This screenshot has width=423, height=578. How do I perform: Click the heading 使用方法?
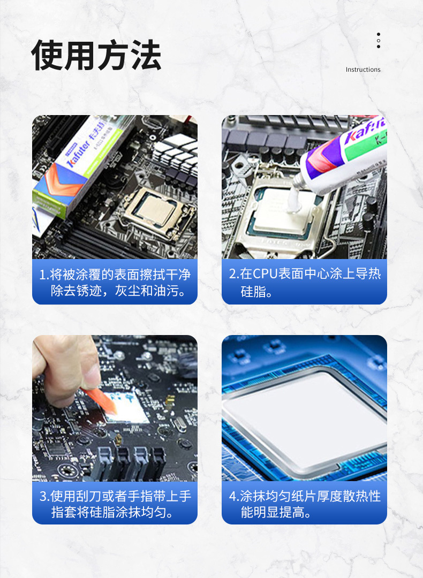96,55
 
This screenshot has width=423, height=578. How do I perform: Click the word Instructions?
363,69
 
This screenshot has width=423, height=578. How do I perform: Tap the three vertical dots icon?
379,40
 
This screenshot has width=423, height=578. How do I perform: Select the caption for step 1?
115,283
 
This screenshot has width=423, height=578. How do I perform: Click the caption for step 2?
305,283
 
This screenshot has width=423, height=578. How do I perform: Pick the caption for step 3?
115,504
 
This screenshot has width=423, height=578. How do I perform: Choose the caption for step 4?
305,504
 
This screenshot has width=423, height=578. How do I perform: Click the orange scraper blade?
99,400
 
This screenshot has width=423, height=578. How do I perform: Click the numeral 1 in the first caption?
42,275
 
